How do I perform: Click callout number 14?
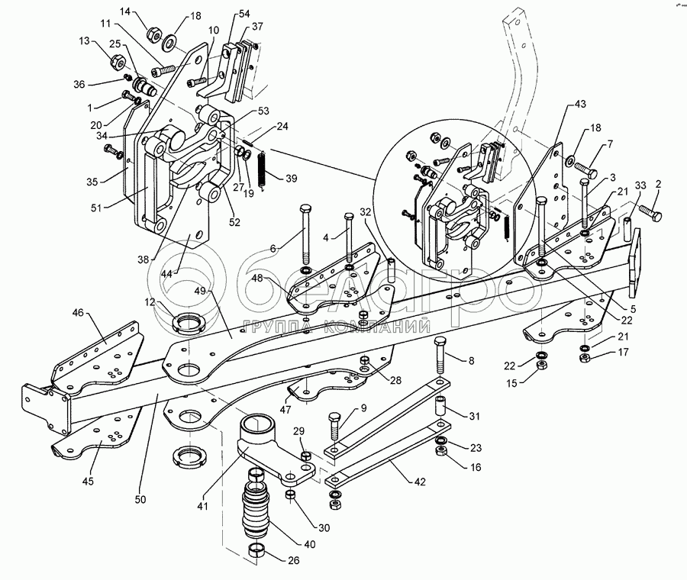point(126,11)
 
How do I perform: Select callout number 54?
point(244,14)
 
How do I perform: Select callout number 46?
point(79,313)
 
